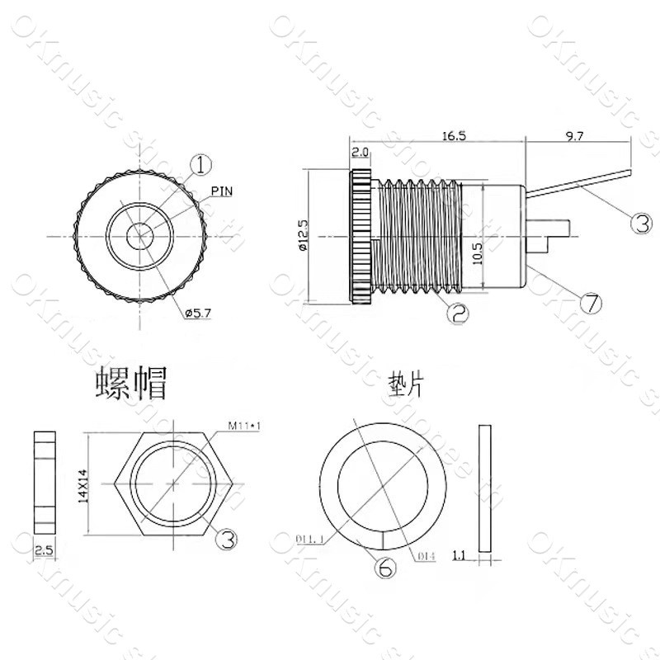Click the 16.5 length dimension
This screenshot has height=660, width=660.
453,136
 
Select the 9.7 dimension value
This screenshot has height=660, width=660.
575,137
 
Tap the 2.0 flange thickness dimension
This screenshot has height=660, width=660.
361,153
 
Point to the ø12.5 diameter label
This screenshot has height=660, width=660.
302,235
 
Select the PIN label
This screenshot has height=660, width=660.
222,191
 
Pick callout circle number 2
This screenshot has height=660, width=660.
459,312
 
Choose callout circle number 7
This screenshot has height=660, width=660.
590,304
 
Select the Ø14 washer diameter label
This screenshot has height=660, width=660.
427,556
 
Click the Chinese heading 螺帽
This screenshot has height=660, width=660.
131,384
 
